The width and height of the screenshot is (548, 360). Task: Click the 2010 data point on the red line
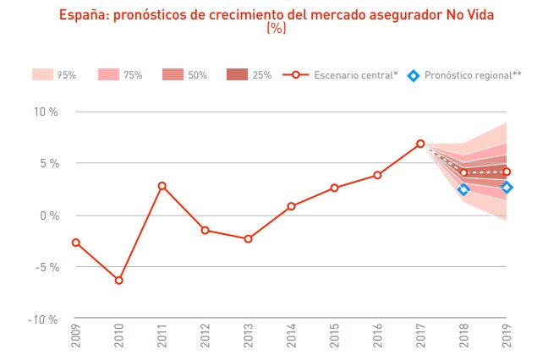click(118, 280)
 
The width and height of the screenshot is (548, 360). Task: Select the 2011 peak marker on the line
click(162, 186)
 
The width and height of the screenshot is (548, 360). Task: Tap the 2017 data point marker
click(420, 144)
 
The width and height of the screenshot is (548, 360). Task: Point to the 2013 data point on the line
click(248, 239)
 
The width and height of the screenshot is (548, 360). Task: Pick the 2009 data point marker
click(76, 243)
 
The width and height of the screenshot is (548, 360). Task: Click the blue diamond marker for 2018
click(463, 189)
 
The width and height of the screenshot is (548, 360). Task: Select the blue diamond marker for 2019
click(507, 188)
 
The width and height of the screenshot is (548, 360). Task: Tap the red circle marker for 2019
click(507, 172)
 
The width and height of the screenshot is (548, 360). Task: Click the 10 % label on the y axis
click(46, 112)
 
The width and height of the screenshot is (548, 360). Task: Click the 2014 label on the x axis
click(291, 338)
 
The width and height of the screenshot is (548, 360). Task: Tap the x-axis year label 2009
click(76, 338)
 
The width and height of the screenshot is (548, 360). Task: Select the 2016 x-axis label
click(377, 338)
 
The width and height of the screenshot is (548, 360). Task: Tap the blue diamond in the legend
click(413, 75)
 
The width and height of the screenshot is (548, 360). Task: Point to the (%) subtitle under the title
click(276, 28)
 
